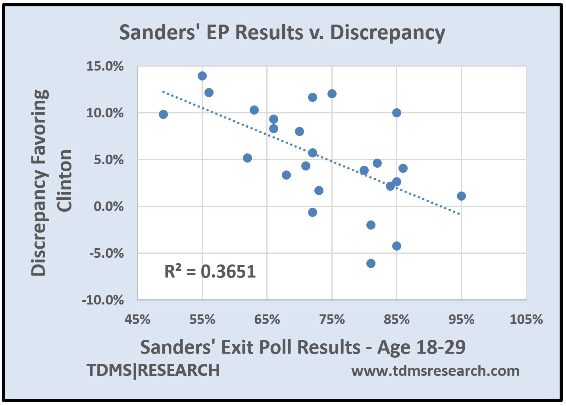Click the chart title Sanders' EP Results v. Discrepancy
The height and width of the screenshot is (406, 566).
282,33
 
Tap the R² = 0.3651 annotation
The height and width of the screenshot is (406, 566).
210,272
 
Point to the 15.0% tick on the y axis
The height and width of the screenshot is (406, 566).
105,67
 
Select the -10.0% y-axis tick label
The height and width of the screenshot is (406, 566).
103,300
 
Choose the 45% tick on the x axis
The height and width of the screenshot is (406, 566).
137,319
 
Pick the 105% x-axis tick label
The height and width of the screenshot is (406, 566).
526,319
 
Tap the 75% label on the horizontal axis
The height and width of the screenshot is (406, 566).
332,319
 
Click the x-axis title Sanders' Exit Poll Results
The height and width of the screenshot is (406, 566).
302,347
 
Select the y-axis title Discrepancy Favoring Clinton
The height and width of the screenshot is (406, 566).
52,182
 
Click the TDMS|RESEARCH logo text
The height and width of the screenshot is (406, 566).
153,370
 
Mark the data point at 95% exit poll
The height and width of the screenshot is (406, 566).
461,196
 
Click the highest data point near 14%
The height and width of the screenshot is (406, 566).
202,76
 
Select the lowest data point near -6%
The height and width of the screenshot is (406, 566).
371,263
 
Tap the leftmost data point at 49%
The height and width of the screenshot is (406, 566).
163,114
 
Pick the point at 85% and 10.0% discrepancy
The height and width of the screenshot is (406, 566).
397,113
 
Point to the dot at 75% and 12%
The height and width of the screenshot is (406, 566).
332,94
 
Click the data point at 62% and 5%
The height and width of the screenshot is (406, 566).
247,158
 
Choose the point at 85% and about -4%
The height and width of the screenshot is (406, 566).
397,246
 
